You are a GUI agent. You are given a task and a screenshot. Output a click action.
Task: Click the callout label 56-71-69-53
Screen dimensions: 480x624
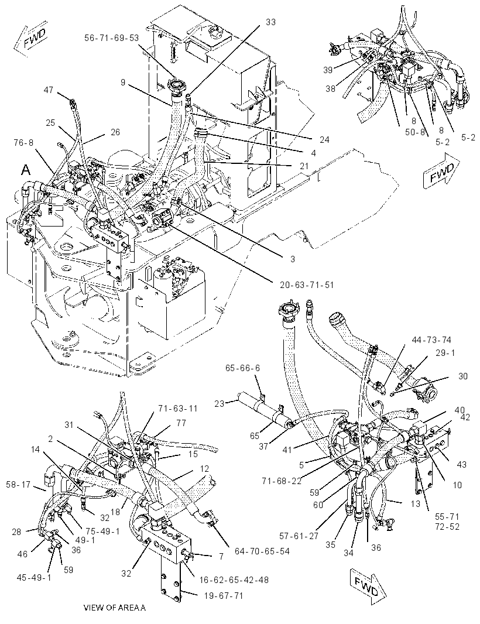[x=111, y=38]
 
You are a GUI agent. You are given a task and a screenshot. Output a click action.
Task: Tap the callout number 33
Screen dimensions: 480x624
[x=270, y=22]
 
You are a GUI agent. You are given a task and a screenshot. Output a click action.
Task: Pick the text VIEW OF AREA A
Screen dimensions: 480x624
[x=115, y=607]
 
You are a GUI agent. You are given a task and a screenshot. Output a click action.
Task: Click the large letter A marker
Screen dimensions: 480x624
[x=26, y=170]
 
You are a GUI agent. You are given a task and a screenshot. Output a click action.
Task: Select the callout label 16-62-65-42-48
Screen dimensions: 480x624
[x=234, y=580]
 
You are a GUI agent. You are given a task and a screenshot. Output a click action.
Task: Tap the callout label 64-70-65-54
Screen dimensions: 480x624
[x=262, y=551]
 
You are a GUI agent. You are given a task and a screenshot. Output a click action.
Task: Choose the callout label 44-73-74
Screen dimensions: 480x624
[x=432, y=340]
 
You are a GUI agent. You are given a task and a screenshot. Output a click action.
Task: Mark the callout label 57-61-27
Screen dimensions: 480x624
[x=299, y=536]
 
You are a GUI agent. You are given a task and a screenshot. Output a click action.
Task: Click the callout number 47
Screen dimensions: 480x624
[x=48, y=90]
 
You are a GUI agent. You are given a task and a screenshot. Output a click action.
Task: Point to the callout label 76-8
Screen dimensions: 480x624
[x=23, y=142]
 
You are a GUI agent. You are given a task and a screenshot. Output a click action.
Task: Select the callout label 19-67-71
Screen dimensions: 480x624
[x=223, y=595]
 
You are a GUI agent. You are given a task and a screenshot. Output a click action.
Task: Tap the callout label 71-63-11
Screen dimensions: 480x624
[x=177, y=409]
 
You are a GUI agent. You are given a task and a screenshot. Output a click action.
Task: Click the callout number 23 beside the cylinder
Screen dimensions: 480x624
[x=220, y=403]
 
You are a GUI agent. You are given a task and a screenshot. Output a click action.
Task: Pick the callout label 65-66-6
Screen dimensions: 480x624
[x=242, y=368]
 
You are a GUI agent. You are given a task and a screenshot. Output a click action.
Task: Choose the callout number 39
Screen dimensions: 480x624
[x=328, y=70]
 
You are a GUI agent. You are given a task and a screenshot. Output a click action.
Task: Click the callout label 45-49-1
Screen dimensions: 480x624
[x=34, y=577]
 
